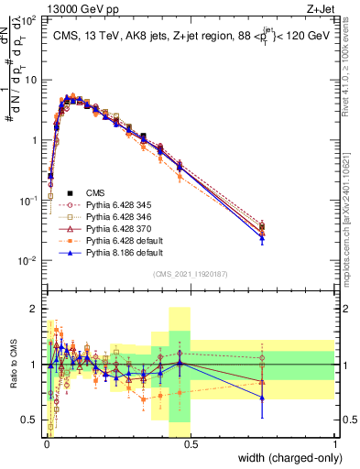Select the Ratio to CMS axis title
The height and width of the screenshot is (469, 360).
12,365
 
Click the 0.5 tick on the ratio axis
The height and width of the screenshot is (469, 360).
32,420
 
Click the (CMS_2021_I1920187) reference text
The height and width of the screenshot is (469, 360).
190,274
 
